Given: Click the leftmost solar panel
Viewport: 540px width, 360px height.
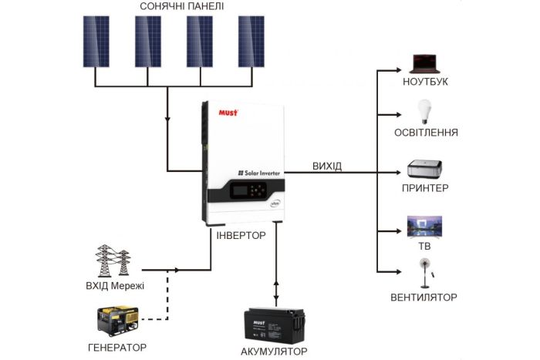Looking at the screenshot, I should click(95, 41).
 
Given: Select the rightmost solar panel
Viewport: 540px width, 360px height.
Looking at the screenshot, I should click(250, 41).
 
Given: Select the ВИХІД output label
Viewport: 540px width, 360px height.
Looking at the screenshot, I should click(327, 167).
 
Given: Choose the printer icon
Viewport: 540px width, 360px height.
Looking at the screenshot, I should click(425, 169).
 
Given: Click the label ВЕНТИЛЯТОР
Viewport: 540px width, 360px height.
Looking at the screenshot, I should click(424, 298).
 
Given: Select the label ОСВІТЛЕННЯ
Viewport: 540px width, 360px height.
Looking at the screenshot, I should click(425, 133).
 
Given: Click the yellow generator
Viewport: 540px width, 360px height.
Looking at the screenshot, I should click(116, 321).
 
